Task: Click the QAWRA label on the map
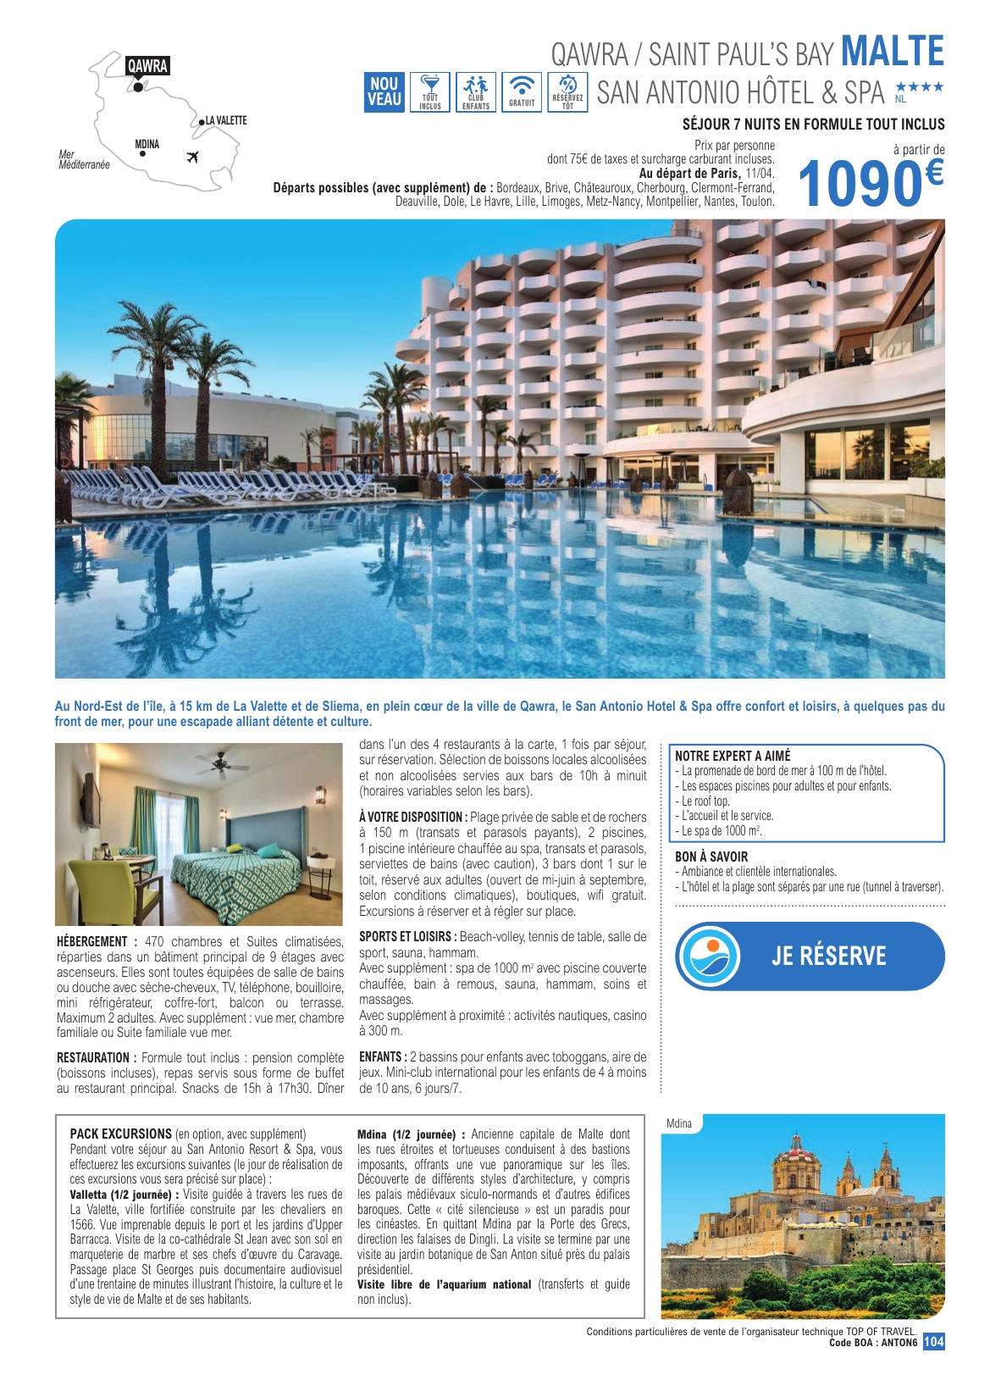pos(147,66)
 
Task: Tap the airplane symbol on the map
pos(192,157)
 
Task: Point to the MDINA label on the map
pos(147,144)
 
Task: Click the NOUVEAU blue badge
pos(384,91)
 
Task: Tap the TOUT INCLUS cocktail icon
pos(430,91)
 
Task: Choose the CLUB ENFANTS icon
pos(476,91)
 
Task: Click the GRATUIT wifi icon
pos(522,91)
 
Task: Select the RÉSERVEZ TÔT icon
pos(567,91)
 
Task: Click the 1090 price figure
pos(860,184)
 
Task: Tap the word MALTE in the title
pos(893,52)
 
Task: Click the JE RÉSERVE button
pos(828,956)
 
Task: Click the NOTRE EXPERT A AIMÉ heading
pos(733,756)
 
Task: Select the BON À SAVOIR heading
pos(711,857)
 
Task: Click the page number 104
pos(933,1342)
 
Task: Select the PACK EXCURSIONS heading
pos(120,1134)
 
